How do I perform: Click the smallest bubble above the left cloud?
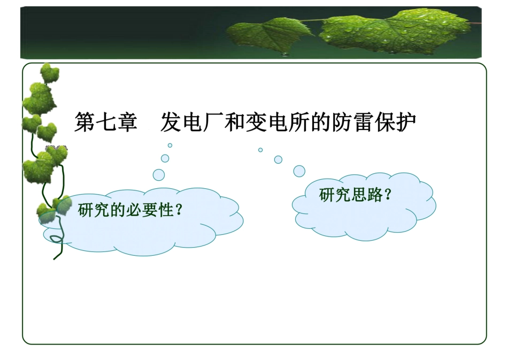click(170, 145)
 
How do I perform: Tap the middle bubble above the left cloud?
click(165, 158)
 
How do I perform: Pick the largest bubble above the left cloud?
click(159, 175)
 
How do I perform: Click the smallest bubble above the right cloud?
click(260, 150)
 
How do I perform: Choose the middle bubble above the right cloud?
click(278, 159)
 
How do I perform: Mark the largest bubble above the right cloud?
click(299, 171)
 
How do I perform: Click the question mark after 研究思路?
click(388, 195)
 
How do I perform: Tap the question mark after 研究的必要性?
click(179, 210)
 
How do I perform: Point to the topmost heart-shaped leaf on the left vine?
click(50, 74)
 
